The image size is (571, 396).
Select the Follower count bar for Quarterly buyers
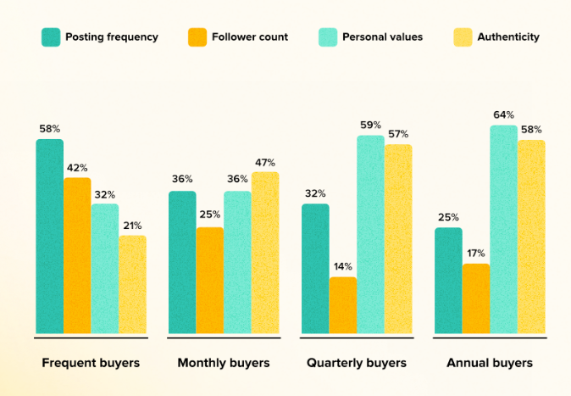343,305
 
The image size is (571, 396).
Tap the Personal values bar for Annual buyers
503,229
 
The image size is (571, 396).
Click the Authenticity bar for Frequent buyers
132,284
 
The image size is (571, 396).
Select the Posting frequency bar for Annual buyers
448,280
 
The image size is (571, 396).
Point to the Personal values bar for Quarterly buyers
370,234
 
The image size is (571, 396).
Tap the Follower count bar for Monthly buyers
210,280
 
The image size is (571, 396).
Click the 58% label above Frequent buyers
49,129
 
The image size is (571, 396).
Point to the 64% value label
503,114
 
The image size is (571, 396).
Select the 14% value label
342,266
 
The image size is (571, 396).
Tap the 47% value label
265,161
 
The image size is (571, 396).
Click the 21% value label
131,225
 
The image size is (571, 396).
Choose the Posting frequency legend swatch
50,37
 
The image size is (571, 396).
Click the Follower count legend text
251,37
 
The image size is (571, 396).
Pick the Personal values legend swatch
327,37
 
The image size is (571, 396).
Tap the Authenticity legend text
507,37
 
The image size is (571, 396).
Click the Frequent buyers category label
91,363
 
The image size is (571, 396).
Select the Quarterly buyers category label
357,363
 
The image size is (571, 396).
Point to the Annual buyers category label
490,363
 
